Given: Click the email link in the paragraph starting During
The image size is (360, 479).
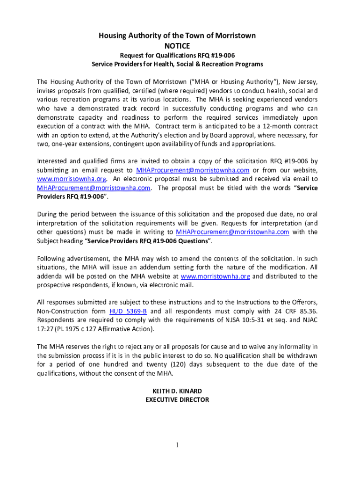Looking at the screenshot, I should click(232, 232).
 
